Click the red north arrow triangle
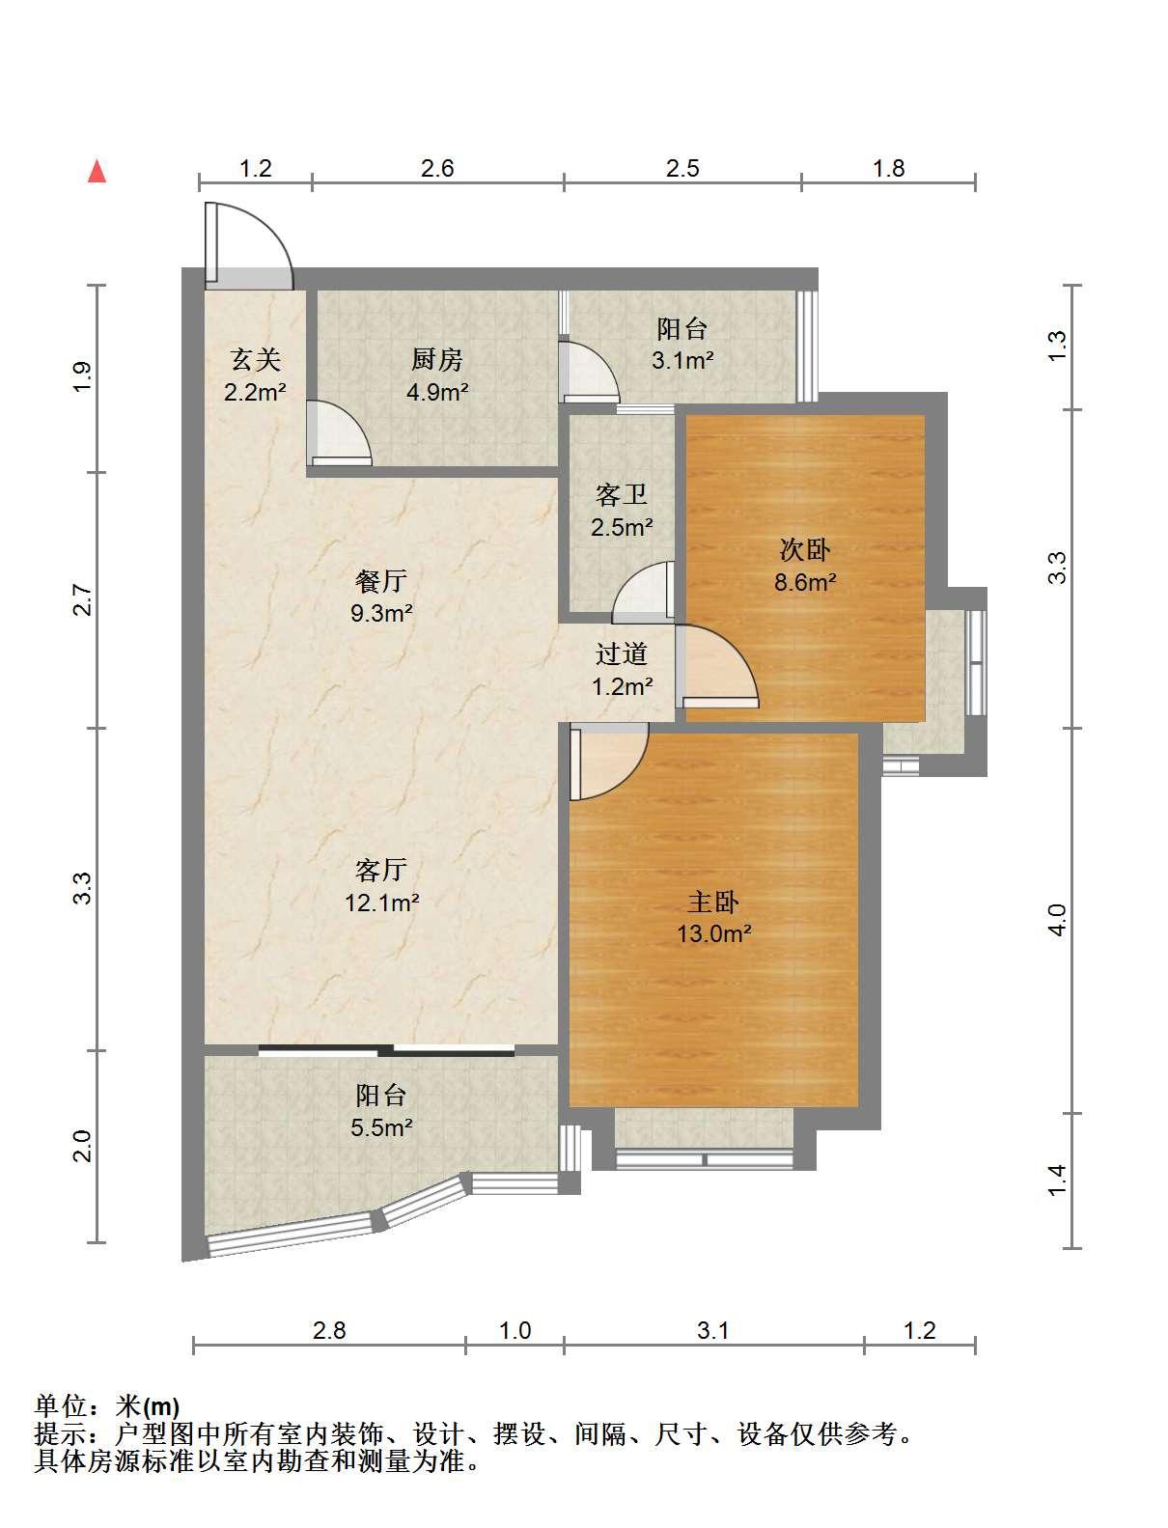click(x=97, y=172)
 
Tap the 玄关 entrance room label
click(x=256, y=360)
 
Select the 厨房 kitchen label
click(x=436, y=360)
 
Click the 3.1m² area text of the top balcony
click(x=682, y=361)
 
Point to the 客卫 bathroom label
click(x=622, y=495)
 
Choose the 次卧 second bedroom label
click(x=805, y=550)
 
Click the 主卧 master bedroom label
click(x=713, y=903)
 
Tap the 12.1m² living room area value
click(x=382, y=903)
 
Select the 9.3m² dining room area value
click(x=381, y=613)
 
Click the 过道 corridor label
click(x=622, y=653)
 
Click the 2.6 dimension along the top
click(x=437, y=169)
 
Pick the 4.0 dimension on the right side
click(x=1057, y=920)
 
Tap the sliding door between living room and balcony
click(x=386, y=1050)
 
